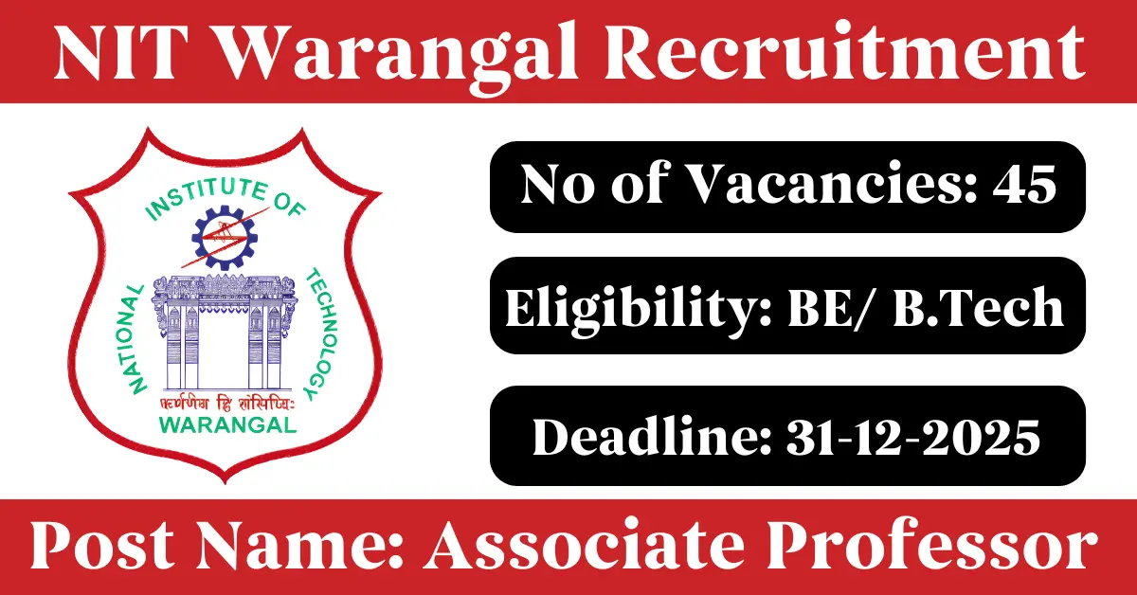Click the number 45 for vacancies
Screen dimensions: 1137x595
[x=1024, y=185]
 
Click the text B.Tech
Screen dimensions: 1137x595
[x=978, y=306]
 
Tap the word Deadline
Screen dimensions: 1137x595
[x=652, y=437]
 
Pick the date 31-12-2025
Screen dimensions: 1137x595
[x=913, y=438]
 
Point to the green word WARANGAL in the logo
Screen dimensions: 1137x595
[x=228, y=424]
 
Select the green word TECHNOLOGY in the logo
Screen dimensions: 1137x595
[x=320, y=333]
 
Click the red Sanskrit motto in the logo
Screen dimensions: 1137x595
[x=226, y=404]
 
